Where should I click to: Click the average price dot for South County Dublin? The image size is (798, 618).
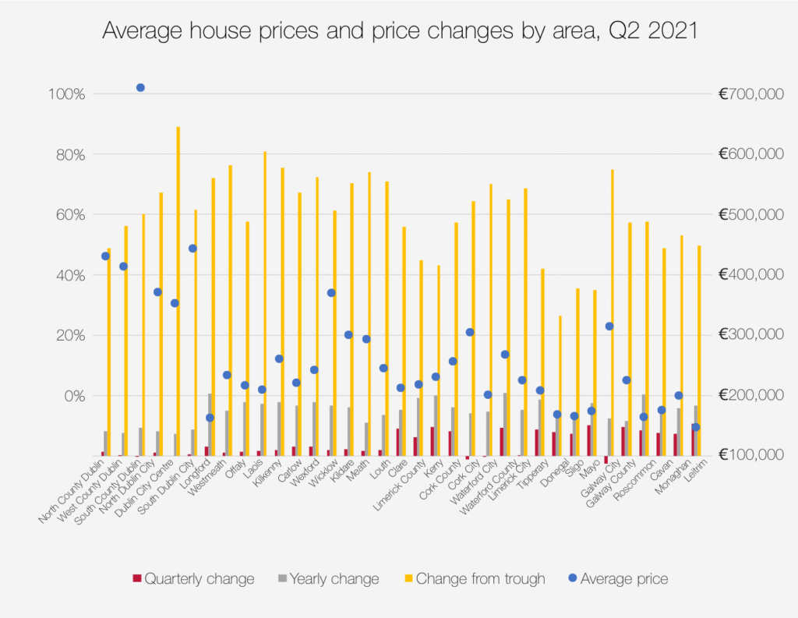tap(140, 88)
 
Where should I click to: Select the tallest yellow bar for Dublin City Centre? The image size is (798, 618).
tap(178, 288)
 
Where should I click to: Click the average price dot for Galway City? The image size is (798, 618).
tap(609, 327)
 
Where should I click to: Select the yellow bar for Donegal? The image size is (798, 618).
tap(560, 386)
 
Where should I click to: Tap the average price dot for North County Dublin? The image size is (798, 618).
tap(105, 256)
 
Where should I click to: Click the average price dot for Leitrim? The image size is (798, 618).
tap(695, 427)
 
